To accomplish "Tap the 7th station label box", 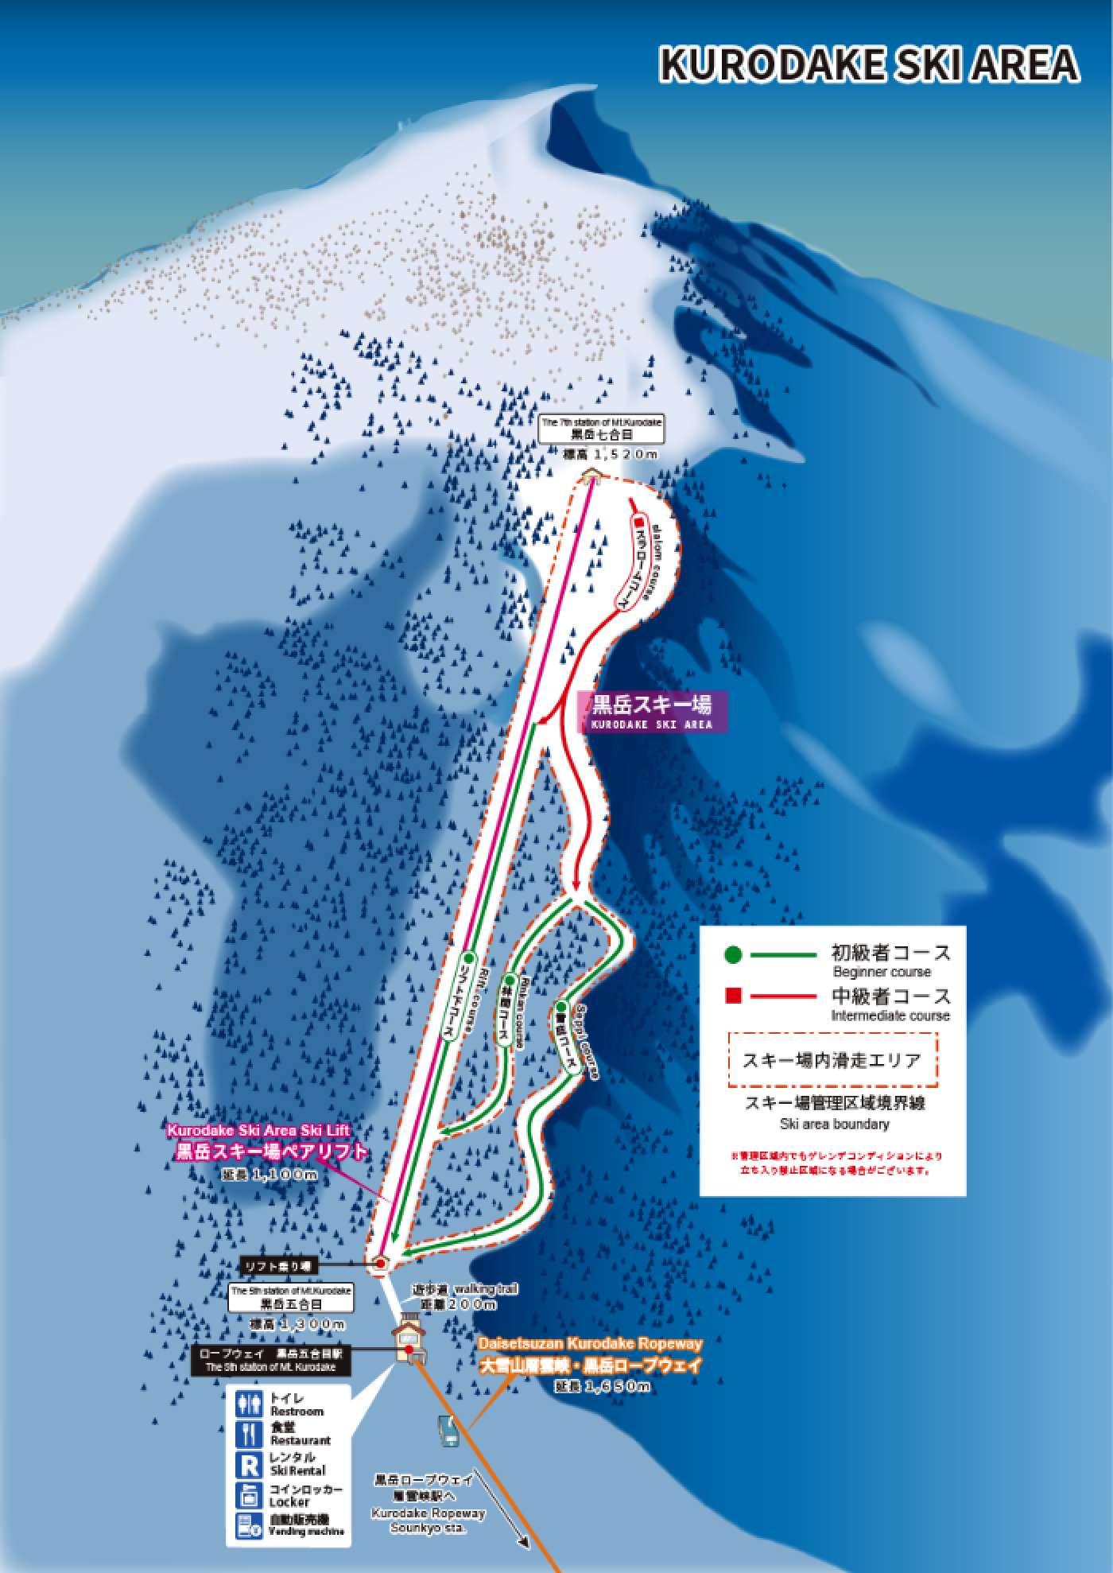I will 601,429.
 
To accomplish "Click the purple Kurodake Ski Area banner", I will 651,710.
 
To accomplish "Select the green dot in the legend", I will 734,954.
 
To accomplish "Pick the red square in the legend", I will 734,996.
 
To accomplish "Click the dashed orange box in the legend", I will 832,1059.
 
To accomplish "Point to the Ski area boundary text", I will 835,1124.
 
